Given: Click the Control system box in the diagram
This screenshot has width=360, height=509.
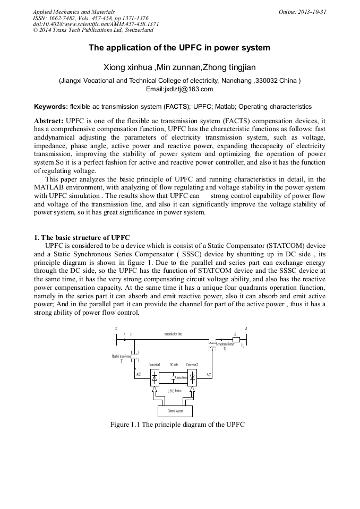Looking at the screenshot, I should point(175,411).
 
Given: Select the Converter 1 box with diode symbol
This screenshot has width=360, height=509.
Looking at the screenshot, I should point(155,378).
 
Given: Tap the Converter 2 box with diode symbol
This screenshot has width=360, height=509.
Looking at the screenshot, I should point(192,378).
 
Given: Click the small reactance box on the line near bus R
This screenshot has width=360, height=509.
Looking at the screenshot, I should point(236,339).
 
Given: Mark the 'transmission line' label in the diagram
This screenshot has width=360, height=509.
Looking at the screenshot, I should point(173,334).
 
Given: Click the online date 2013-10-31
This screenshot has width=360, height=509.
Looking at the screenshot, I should point(311,12).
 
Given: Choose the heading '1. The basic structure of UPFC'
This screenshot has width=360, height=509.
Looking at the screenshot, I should point(82,237).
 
